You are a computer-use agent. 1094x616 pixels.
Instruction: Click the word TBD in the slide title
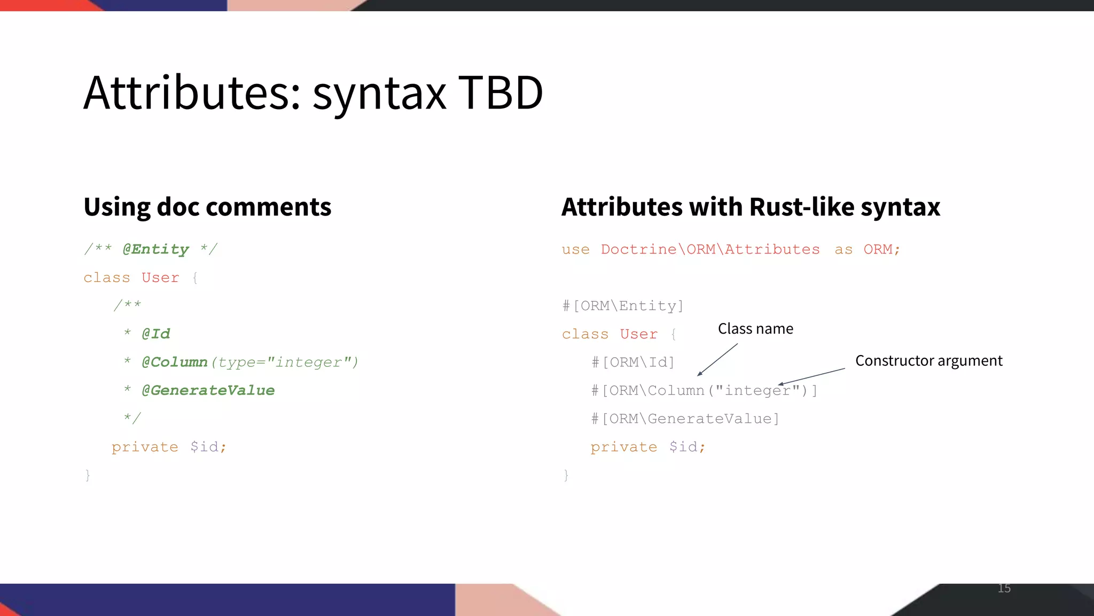pyautogui.click(x=501, y=93)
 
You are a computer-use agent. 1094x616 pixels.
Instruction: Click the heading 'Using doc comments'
pyautogui.click(x=207, y=207)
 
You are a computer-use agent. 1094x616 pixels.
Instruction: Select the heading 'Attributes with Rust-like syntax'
pyautogui.click(x=751, y=207)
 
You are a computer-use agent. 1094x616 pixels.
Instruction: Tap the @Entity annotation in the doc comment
pyautogui.click(x=155, y=249)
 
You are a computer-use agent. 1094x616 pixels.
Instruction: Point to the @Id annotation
pyautogui.click(x=155, y=334)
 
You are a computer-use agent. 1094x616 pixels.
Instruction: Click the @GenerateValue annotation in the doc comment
pyautogui.click(x=208, y=390)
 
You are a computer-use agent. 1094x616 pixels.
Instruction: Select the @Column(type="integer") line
pyautogui.click(x=249, y=362)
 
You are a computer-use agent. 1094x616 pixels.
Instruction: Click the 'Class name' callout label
pyautogui.click(x=755, y=328)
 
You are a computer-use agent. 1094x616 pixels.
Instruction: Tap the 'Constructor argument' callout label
pyautogui.click(x=928, y=360)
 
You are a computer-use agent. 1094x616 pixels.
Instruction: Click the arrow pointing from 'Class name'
pyautogui.click(x=717, y=360)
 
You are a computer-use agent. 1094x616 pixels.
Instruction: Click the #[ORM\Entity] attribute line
pyautogui.click(x=623, y=306)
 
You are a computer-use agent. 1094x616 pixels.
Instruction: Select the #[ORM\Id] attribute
pyautogui.click(x=633, y=362)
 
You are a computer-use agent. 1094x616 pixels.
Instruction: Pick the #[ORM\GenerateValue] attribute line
pyautogui.click(x=685, y=419)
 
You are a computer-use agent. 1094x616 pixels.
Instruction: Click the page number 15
pyautogui.click(x=1004, y=588)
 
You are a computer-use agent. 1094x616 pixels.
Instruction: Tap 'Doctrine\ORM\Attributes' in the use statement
pyautogui.click(x=710, y=249)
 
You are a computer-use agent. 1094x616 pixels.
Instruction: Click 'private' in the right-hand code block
pyautogui.click(x=623, y=447)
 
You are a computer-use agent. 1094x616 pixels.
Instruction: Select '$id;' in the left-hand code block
pyautogui.click(x=208, y=447)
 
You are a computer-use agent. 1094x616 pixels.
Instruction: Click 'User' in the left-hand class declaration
pyautogui.click(x=160, y=278)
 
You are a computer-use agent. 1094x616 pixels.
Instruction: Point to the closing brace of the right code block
pyautogui.click(x=566, y=475)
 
